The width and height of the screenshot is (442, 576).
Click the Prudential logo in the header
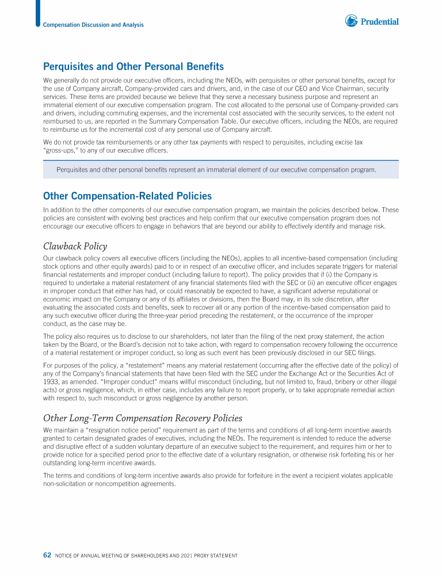[x=372, y=21]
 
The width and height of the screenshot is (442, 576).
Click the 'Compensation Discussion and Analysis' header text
[x=93, y=25]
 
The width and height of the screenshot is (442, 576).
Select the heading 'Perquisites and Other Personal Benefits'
[x=134, y=67]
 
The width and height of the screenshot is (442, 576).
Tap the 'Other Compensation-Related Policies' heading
[x=127, y=196]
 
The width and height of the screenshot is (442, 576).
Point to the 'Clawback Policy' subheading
[x=75, y=247]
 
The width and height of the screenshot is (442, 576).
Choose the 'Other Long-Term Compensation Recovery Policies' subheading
[x=143, y=418]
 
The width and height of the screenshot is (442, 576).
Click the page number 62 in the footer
[x=48, y=555]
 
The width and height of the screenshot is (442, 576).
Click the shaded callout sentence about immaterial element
[x=216, y=169]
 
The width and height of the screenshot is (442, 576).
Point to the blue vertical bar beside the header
[x=38, y=13]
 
